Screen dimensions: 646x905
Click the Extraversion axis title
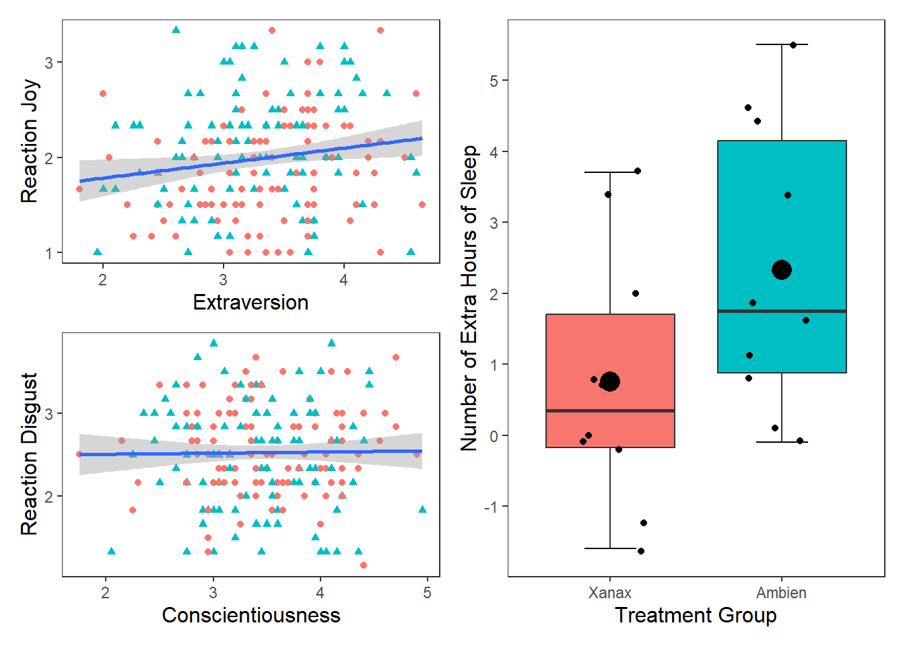click(x=250, y=302)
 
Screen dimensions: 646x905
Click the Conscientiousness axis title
click(x=250, y=615)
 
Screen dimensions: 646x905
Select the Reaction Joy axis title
click(x=29, y=141)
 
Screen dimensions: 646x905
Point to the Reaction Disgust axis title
click(x=29, y=454)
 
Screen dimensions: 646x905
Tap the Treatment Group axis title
click(x=696, y=615)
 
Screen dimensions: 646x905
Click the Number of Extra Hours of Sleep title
click(x=469, y=298)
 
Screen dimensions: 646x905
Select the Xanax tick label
click(x=610, y=593)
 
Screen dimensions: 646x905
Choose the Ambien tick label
click(x=781, y=593)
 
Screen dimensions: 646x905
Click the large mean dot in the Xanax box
click(x=610, y=382)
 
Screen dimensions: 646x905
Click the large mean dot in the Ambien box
click(x=782, y=270)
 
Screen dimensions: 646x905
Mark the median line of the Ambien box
click(x=782, y=311)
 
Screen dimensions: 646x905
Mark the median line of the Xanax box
click(x=610, y=410)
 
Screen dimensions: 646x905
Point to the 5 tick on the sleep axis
click(x=494, y=81)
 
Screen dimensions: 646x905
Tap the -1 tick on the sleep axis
click(x=491, y=507)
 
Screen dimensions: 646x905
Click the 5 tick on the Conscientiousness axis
click(x=427, y=593)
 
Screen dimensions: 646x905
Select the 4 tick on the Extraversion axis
click(x=343, y=280)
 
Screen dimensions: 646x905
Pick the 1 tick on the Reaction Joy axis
click(x=49, y=254)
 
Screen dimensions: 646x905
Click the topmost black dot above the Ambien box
click(x=793, y=45)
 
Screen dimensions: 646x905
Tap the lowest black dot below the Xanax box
click(x=641, y=551)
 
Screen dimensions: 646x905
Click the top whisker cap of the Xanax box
click(x=610, y=172)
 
